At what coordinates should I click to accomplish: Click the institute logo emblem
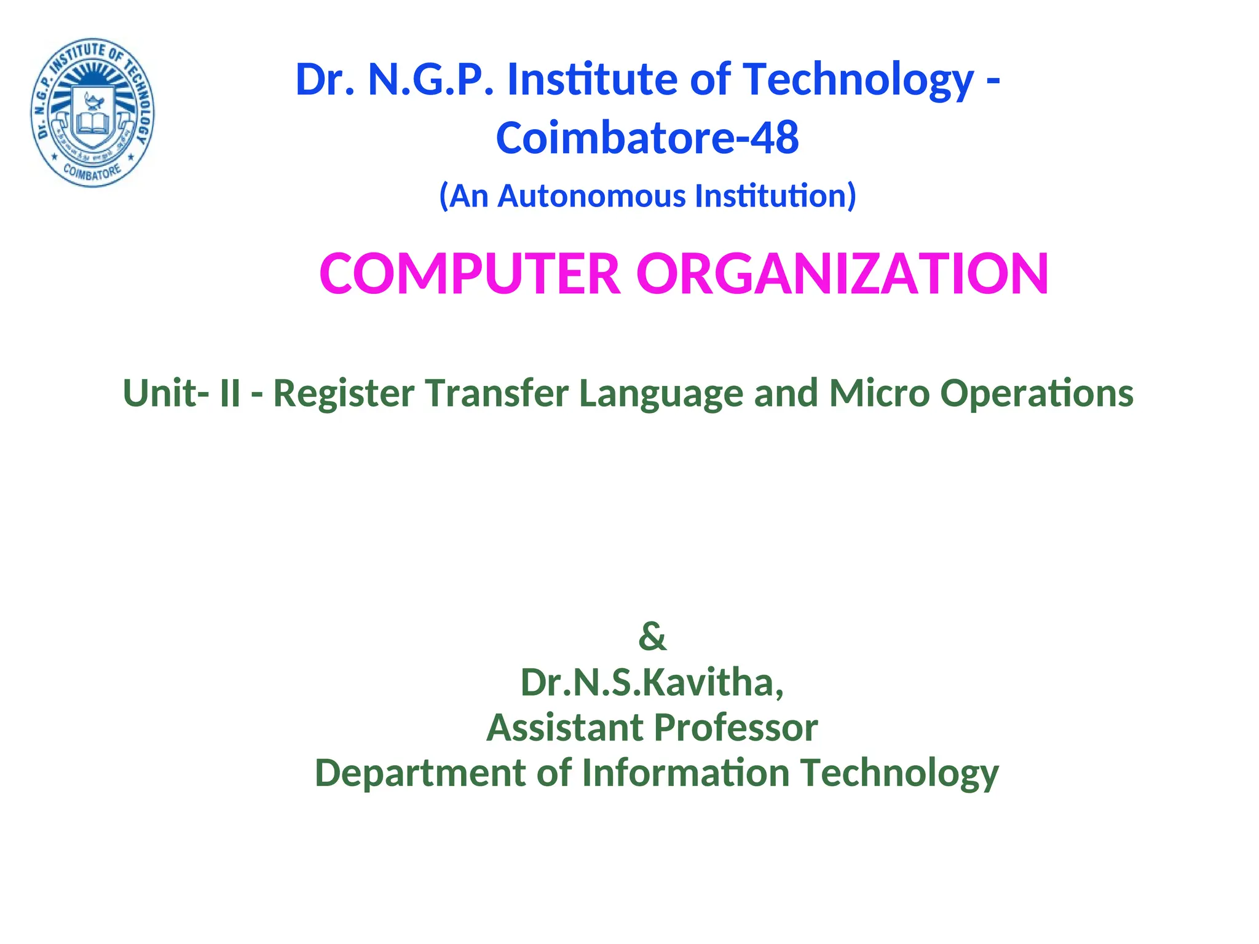tap(93, 113)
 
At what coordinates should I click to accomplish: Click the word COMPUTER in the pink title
tap(470, 273)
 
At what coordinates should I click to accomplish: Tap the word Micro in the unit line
tap(879, 393)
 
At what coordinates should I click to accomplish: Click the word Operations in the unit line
tap(1036, 393)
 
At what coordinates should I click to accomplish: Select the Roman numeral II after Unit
tap(229, 393)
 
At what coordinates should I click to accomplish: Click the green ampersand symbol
tap(652, 636)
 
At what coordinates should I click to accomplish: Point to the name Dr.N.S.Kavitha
tap(652, 682)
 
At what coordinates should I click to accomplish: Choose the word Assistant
tap(564, 728)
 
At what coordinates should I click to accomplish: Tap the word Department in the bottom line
tap(420, 773)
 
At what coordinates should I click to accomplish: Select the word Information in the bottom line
tap(685, 773)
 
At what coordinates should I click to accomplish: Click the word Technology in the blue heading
tap(858, 80)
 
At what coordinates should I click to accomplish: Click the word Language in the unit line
tap(661, 393)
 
